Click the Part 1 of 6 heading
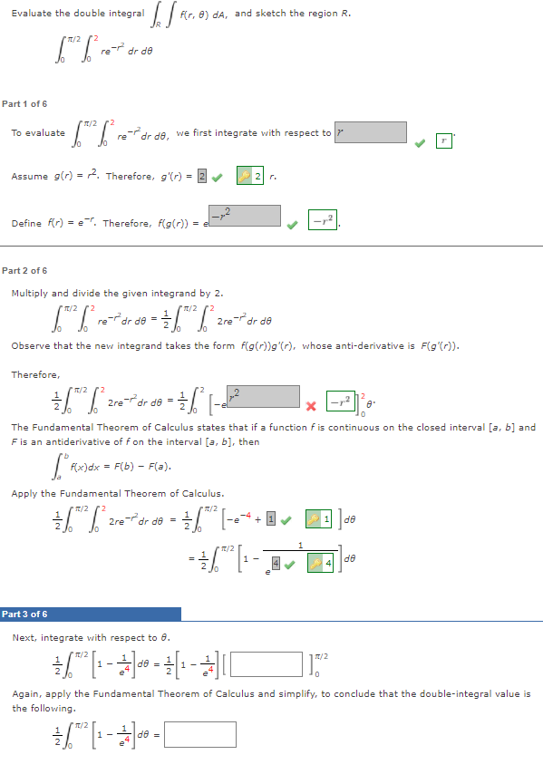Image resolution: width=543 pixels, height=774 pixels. click(x=24, y=104)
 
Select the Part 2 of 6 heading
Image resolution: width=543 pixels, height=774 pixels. click(x=24, y=271)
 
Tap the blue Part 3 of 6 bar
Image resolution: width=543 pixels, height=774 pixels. click(x=91, y=614)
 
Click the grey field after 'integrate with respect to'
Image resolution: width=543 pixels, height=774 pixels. click(x=370, y=132)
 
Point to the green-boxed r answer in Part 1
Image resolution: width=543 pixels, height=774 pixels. click(x=443, y=140)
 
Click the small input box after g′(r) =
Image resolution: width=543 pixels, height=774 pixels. click(x=202, y=176)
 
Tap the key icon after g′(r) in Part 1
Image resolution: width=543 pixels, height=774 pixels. click(x=244, y=176)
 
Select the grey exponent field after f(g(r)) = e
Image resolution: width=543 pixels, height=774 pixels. click(x=245, y=216)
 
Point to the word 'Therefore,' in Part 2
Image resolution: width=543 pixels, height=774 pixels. click(x=35, y=373)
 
